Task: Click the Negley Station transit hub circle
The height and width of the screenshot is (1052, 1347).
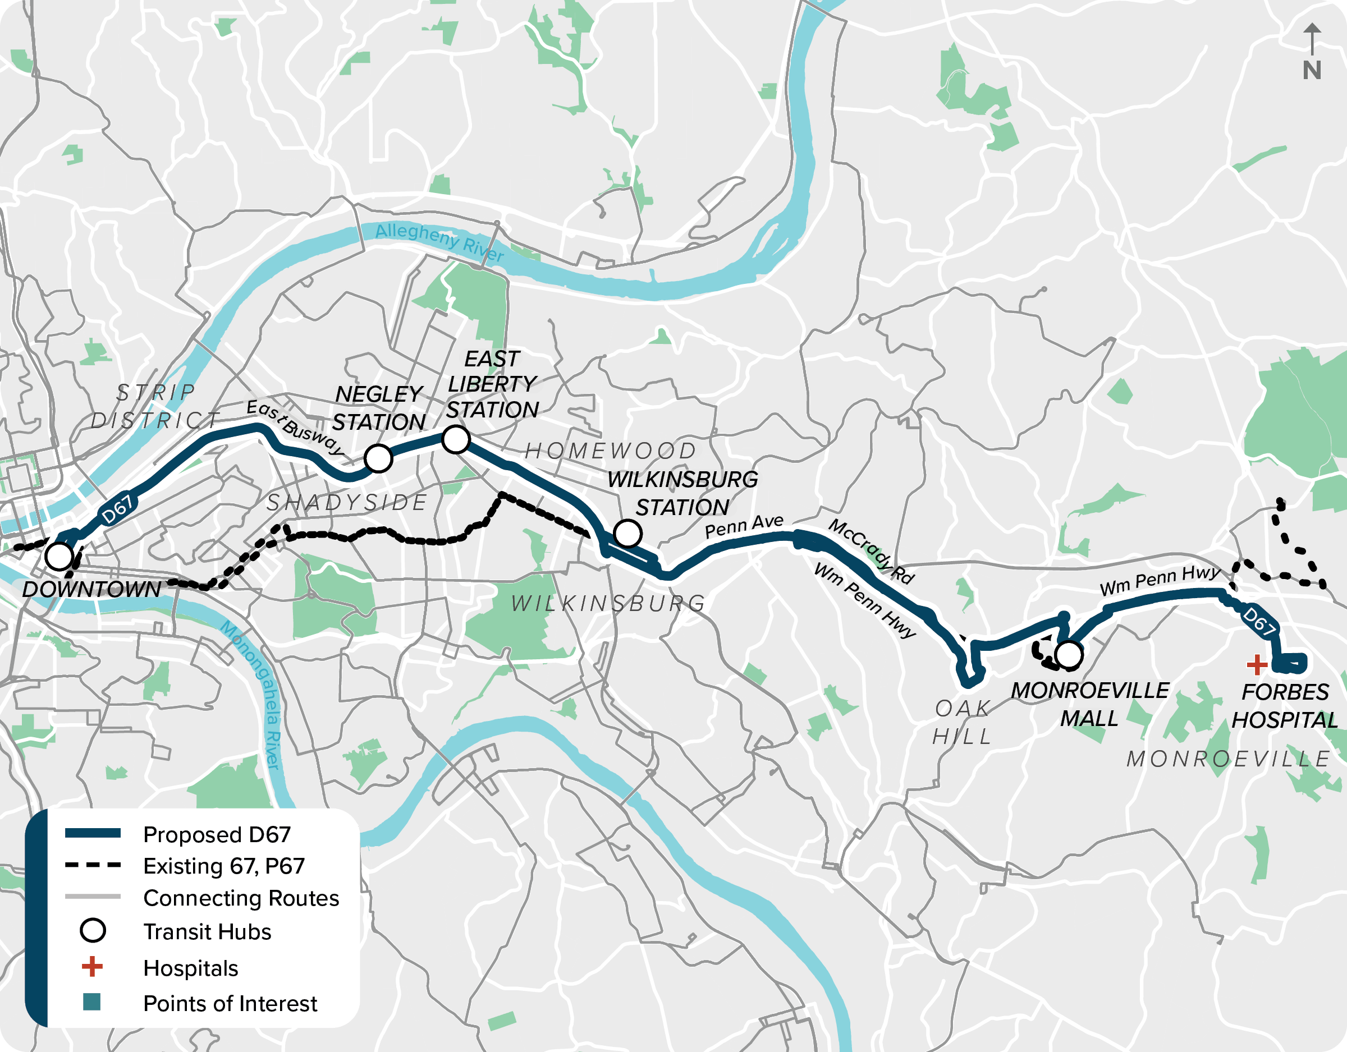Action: [x=378, y=458]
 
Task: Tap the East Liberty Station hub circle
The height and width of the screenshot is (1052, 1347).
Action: [x=456, y=440]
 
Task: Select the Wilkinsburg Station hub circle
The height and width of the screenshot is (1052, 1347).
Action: [x=627, y=534]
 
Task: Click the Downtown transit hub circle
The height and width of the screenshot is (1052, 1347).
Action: [x=59, y=556]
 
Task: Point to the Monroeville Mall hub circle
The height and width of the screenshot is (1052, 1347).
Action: [x=1069, y=655]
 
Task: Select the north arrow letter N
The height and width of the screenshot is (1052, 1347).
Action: [x=1312, y=70]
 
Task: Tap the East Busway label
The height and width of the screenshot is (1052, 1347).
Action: [x=294, y=427]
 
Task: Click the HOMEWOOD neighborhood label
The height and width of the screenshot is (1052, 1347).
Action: [x=610, y=451]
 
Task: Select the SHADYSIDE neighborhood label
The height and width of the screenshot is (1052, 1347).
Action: [x=347, y=503]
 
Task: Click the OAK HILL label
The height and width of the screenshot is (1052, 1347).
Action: [x=962, y=722]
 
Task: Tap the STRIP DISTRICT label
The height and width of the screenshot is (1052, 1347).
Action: [x=155, y=406]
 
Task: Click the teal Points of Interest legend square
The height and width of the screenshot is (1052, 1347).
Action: [x=92, y=1002]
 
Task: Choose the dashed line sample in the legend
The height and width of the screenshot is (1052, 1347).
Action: [x=93, y=865]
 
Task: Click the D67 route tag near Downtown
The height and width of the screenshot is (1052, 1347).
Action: [x=117, y=509]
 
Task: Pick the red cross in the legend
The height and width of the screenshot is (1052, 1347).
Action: [x=92, y=966]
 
